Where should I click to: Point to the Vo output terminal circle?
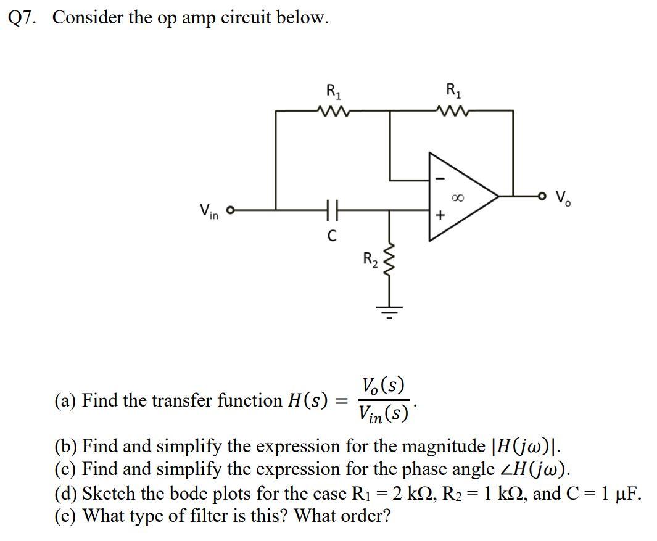click(543, 196)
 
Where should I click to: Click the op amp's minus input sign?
click(439, 178)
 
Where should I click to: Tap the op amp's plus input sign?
click(439, 216)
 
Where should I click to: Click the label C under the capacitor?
click(331, 236)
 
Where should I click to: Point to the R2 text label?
click(368, 259)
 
